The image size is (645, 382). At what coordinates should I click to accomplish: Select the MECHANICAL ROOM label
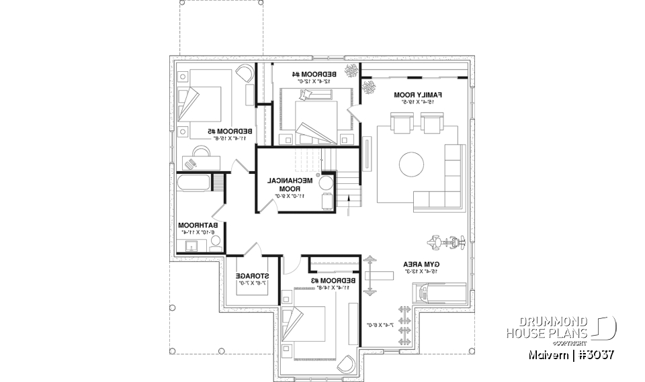point(290,185)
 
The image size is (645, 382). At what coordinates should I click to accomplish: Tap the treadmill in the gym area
point(439,293)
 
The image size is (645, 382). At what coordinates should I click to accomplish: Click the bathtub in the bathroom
point(193,183)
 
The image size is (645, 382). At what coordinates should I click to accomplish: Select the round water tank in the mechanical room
point(327,183)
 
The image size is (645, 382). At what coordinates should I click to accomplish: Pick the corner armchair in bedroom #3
point(347,363)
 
